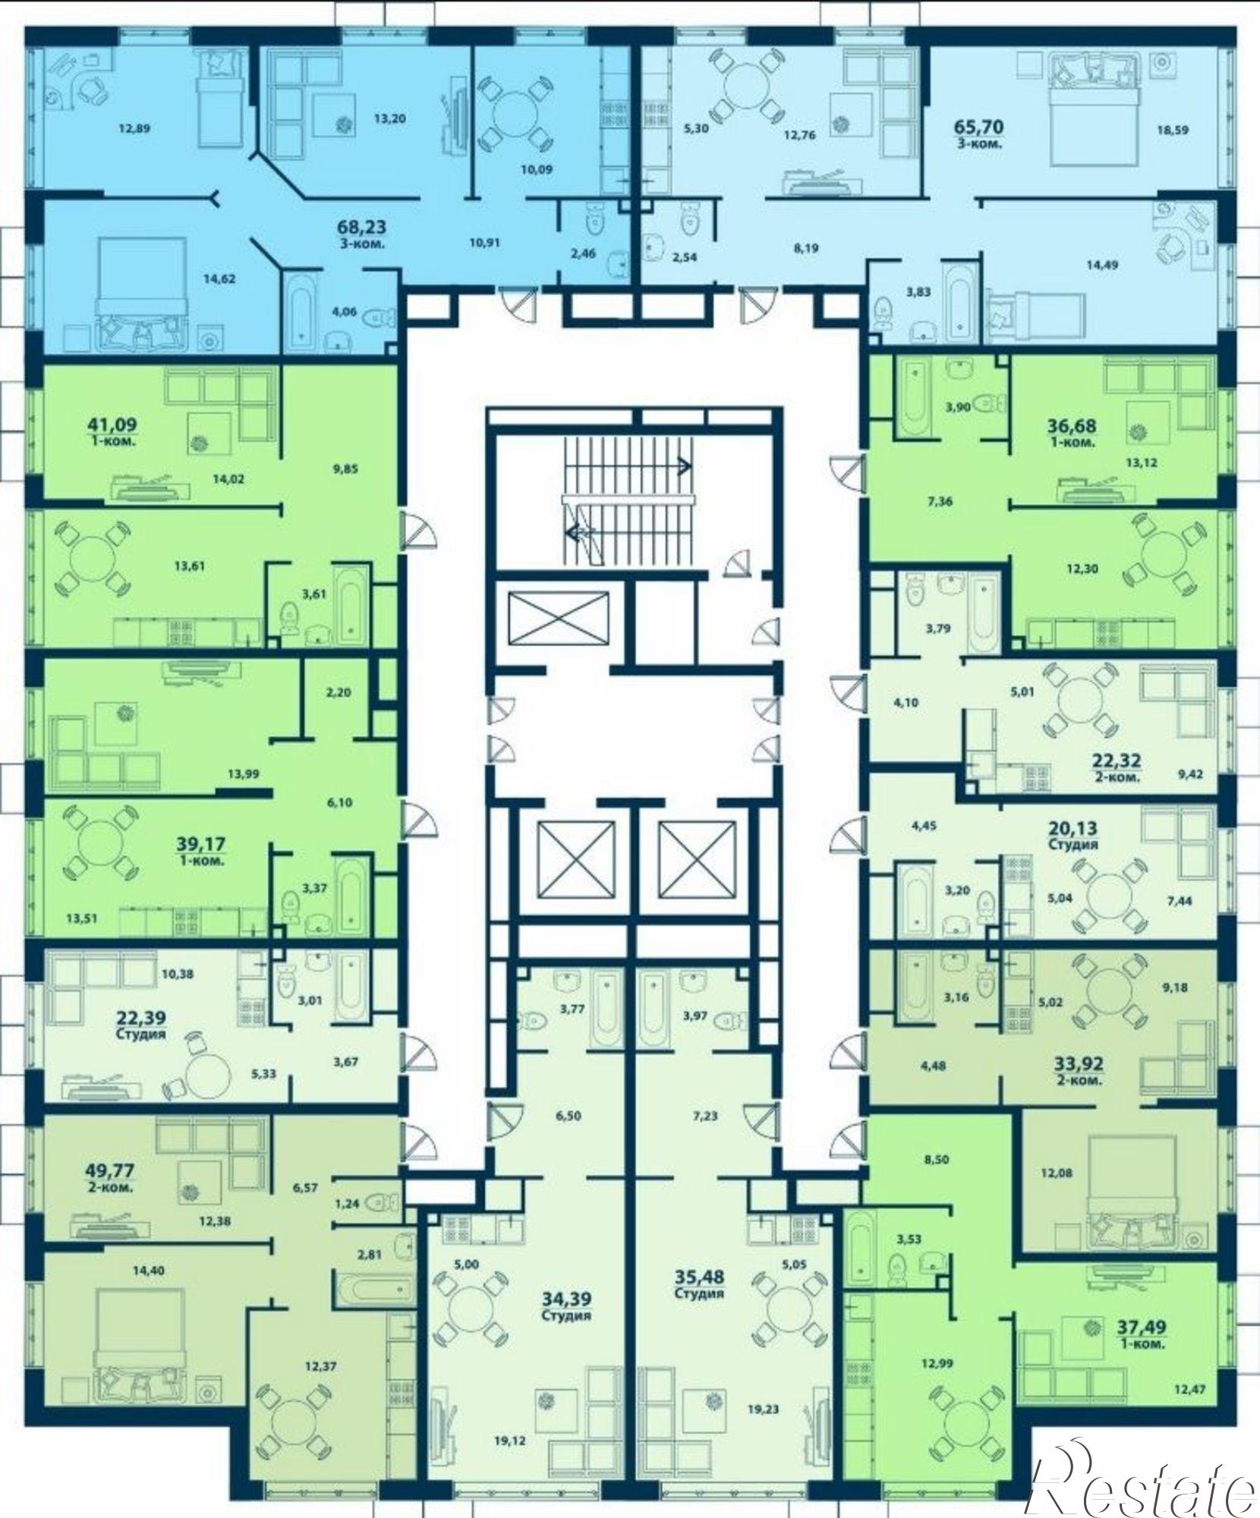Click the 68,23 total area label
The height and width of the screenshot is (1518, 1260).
coord(361,226)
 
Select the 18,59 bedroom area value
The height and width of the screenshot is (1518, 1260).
coord(1173,130)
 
